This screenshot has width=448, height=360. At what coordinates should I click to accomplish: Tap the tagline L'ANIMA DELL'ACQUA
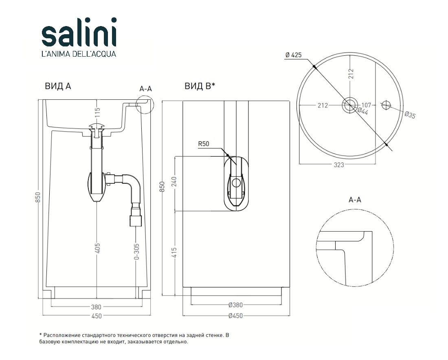pos(79,53)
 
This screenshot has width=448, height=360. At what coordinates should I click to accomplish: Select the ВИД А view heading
pos(58,86)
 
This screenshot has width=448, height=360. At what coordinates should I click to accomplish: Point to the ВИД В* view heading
pos(200,86)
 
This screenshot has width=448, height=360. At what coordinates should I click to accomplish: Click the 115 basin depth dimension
pos(97,112)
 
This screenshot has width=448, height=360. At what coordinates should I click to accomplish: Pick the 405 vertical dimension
pos(97,248)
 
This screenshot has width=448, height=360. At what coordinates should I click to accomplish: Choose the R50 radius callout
pos(203,144)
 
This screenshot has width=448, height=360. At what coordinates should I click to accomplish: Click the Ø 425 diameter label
pos(293,55)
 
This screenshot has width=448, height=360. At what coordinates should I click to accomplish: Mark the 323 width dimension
pos(339,165)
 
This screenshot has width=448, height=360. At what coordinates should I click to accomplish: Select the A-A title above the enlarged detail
pos(355,200)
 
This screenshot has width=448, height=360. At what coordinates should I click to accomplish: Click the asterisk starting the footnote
pos(41,334)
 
